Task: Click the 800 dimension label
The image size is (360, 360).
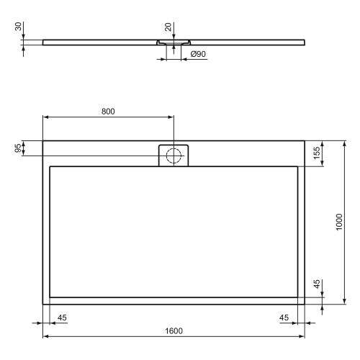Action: click(107, 112)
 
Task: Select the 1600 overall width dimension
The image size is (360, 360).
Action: click(174, 330)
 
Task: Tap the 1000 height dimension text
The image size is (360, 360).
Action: click(338, 222)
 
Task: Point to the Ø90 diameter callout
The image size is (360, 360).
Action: click(199, 55)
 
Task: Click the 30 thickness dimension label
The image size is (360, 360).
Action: click(17, 27)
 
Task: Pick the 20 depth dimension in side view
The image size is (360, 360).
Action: click(168, 27)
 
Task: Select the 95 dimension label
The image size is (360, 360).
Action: click(18, 148)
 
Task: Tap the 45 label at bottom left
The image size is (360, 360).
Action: click(62, 318)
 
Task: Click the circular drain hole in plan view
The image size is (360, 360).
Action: click(173, 155)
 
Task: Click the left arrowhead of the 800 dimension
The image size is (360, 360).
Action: click(45, 117)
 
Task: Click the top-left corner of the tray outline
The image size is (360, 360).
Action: click(43, 140)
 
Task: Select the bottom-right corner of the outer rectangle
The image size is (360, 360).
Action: click(305, 304)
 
